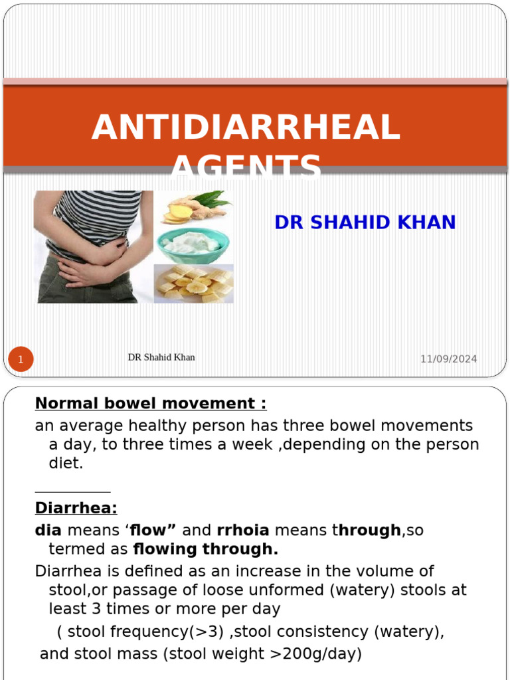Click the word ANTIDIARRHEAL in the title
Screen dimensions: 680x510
point(246,127)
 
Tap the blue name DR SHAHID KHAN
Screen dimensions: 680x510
point(365,222)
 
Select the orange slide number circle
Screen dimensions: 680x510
point(21,360)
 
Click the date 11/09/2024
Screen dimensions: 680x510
point(448,359)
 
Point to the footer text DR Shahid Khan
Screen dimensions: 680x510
point(161,357)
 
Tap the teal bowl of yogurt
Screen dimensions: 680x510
point(193,244)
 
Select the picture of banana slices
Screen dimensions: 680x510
point(193,284)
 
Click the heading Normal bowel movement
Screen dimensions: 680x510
point(151,404)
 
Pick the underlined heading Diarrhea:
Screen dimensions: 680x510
point(76,508)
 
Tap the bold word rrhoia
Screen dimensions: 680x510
point(243,531)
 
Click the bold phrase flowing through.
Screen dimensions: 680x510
point(205,549)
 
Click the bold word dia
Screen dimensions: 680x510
point(48,531)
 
